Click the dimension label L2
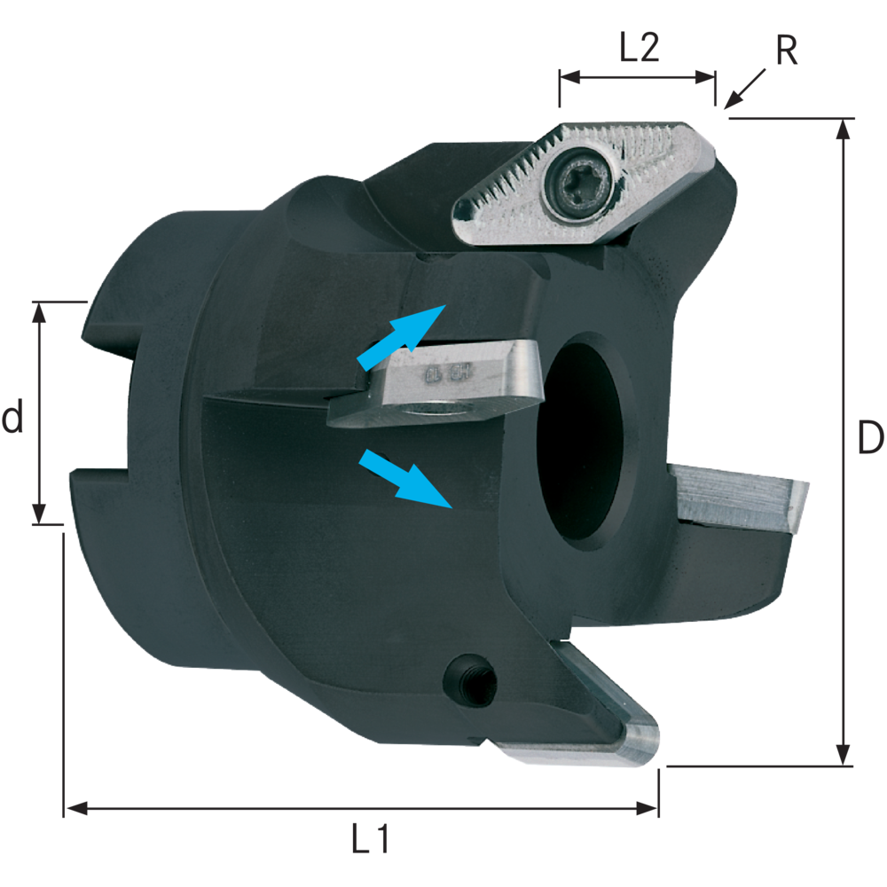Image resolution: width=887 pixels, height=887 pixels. pos(638,48)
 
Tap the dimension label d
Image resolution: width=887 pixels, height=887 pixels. pos(12,417)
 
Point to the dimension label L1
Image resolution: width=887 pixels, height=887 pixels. pos(370,838)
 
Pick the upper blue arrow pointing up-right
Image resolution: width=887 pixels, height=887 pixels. pos(401,336)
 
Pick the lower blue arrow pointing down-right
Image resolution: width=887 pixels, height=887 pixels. pos(404,478)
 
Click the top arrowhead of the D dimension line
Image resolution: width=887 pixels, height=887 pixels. pos(844,129)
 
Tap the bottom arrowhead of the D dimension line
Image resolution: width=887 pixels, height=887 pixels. pos(844,755)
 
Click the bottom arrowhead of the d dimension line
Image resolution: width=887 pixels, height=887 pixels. pos(39,514)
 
